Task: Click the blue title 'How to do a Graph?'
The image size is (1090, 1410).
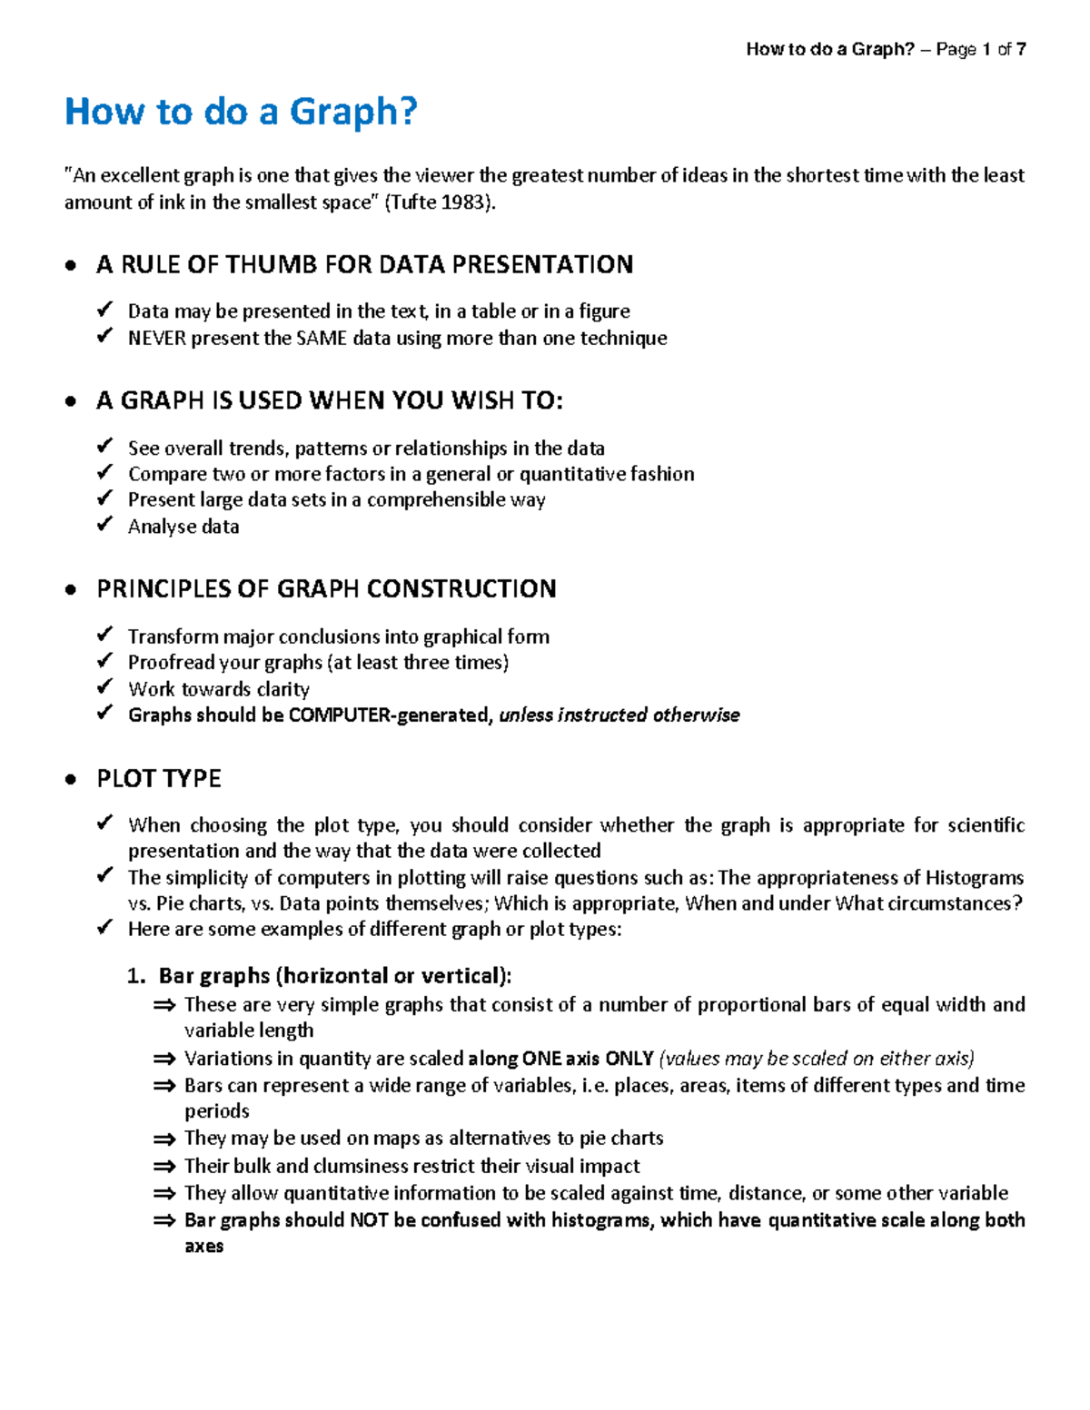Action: point(241,112)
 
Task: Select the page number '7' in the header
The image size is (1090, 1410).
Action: point(1021,49)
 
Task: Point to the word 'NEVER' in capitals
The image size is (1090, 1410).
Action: point(155,338)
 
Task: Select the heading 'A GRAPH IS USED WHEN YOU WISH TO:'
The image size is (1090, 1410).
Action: point(329,400)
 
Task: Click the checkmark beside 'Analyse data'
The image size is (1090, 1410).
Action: point(105,525)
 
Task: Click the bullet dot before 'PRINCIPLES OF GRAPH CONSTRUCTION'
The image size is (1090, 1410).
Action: point(71,591)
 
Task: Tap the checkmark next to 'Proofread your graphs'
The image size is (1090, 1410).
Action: point(105,661)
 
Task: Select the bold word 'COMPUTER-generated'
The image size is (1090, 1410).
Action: point(391,715)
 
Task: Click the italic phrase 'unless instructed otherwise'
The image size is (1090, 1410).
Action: point(619,715)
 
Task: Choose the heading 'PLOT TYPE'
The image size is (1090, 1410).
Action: point(159,778)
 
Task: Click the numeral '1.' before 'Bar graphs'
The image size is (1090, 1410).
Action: point(136,976)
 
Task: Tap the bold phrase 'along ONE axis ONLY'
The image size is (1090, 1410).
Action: point(560,1058)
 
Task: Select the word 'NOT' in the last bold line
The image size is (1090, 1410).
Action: point(369,1219)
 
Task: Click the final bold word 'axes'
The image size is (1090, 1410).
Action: point(203,1246)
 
